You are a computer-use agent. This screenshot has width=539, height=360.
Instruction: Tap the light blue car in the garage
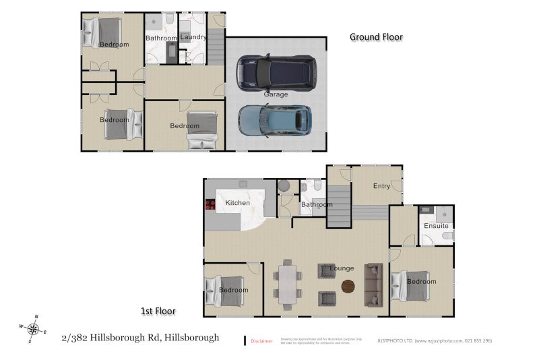click(x=275, y=120)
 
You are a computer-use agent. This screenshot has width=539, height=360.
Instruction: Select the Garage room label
click(x=276, y=94)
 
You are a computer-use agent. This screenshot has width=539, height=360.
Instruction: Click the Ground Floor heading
click(x=376, y=37)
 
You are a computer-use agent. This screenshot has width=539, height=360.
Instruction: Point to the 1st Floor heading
click(x=158, y=311)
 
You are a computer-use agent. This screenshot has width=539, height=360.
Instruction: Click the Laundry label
click(x=193, y=37)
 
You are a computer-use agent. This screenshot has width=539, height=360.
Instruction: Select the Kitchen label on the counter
click(x=237, y=202)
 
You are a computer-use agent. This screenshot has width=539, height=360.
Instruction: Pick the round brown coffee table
click(x=348, y=286)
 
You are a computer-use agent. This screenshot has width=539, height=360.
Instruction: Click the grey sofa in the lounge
click(x=373, y=282)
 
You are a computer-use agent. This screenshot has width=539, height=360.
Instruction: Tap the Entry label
click(x=381, y=186)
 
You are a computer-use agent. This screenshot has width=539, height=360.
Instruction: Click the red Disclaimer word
click(x=261, y=341)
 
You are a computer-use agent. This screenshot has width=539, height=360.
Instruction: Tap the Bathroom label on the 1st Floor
click(x=317, y=204)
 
